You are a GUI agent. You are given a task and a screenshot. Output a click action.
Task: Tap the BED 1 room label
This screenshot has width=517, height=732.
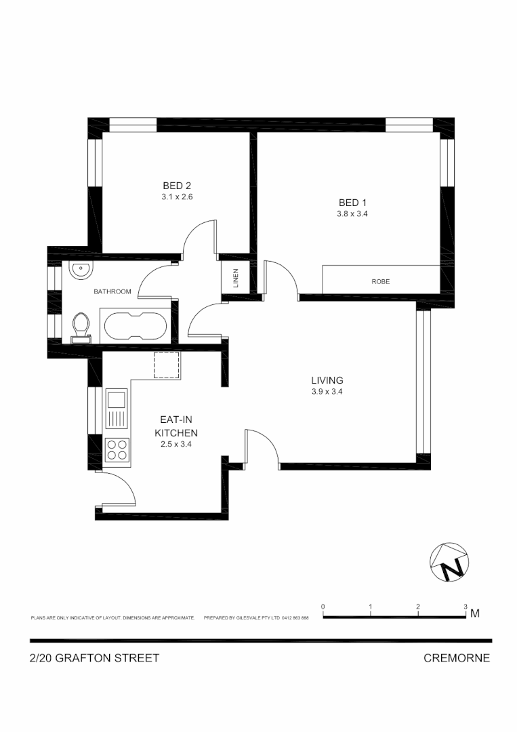pyautogui.click(x=352, y=202)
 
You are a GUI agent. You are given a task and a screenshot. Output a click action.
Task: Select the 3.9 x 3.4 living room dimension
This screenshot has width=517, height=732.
pyautogui.click(x=327, y=392)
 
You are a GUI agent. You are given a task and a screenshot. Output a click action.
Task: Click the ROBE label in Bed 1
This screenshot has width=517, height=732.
pyautogui.click(x=380, y=281)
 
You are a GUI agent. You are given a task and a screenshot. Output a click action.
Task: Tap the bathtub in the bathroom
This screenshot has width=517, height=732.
pyautogui.click(x=135, y=326)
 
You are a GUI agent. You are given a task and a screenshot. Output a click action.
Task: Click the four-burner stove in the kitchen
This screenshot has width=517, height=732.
pyautogui.click(x=117, y=449)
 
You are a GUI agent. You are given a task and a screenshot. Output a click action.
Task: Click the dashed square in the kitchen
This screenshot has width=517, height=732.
pyautogui.click(x=166, y=365)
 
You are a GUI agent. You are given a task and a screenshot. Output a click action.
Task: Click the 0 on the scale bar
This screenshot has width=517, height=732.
pyautogui.click(x=323, y=606)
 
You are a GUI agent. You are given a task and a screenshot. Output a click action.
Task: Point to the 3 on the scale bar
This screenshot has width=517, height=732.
pyautogui.click(x=466, y=606)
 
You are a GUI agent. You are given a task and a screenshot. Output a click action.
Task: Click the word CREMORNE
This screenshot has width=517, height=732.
pyautogui.click(x=456, y=657)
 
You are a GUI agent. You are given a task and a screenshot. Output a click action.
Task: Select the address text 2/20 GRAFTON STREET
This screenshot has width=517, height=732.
pyautogui.click(x=95, y=657)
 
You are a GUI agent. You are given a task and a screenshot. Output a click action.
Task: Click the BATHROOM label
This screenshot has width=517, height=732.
pyautogui.click(x=112, y=291)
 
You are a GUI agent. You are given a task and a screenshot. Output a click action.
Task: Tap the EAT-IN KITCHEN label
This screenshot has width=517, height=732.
pyautogui.click(x=176, y=426)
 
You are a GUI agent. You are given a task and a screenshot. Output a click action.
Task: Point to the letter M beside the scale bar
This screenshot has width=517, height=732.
pyautogui.click(x=475, y=614)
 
